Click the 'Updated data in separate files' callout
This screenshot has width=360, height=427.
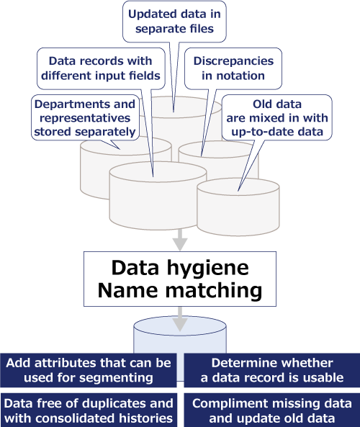pyautogui.click(x=174, y=22)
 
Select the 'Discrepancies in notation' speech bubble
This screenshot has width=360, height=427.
pyautogui.click(x=233, y=68)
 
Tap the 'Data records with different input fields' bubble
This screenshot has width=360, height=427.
pyautogui.click(x=101, y=68)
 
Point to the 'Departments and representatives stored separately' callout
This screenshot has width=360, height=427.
pyautogui.click(x=85, y=117)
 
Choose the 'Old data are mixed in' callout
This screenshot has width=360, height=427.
pyautogui.click(x=277, y=117)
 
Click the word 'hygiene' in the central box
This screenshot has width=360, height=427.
pyautogui.click(x=207, y=269)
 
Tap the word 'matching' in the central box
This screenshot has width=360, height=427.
pyautogui.click(x=214, y=291)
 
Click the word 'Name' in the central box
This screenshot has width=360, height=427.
pyautogui.click(x=127, y=290)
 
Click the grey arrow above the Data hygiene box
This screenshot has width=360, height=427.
pyautogui.click(x=180, y=240)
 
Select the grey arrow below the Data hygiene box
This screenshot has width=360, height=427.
pyautogui.click(x=180, y=319)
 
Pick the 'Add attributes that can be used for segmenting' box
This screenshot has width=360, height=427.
pyautogui.click(x=89, y=370)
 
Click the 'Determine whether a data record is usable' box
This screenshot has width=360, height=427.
pyautogui.click(x=272, y=370)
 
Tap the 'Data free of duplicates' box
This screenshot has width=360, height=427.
pyautogui.click(x=89, y=410)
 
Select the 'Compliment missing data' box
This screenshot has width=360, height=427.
pyautogui.click(x=272, y=410)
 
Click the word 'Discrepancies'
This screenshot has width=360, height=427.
pyautogui.click(x=233, y=61)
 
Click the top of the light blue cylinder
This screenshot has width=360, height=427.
pyautogui.click(x=180, y=323)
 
